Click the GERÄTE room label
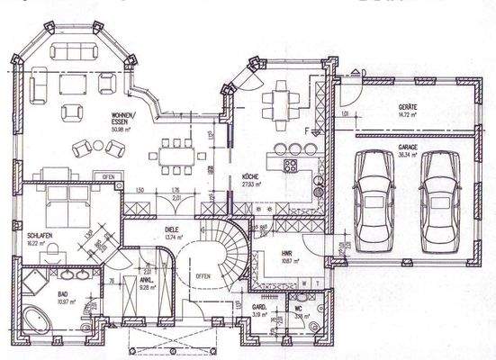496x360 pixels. point(410,108)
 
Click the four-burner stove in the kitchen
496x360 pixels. point(291,166)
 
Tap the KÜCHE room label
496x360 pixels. point(251,177)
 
